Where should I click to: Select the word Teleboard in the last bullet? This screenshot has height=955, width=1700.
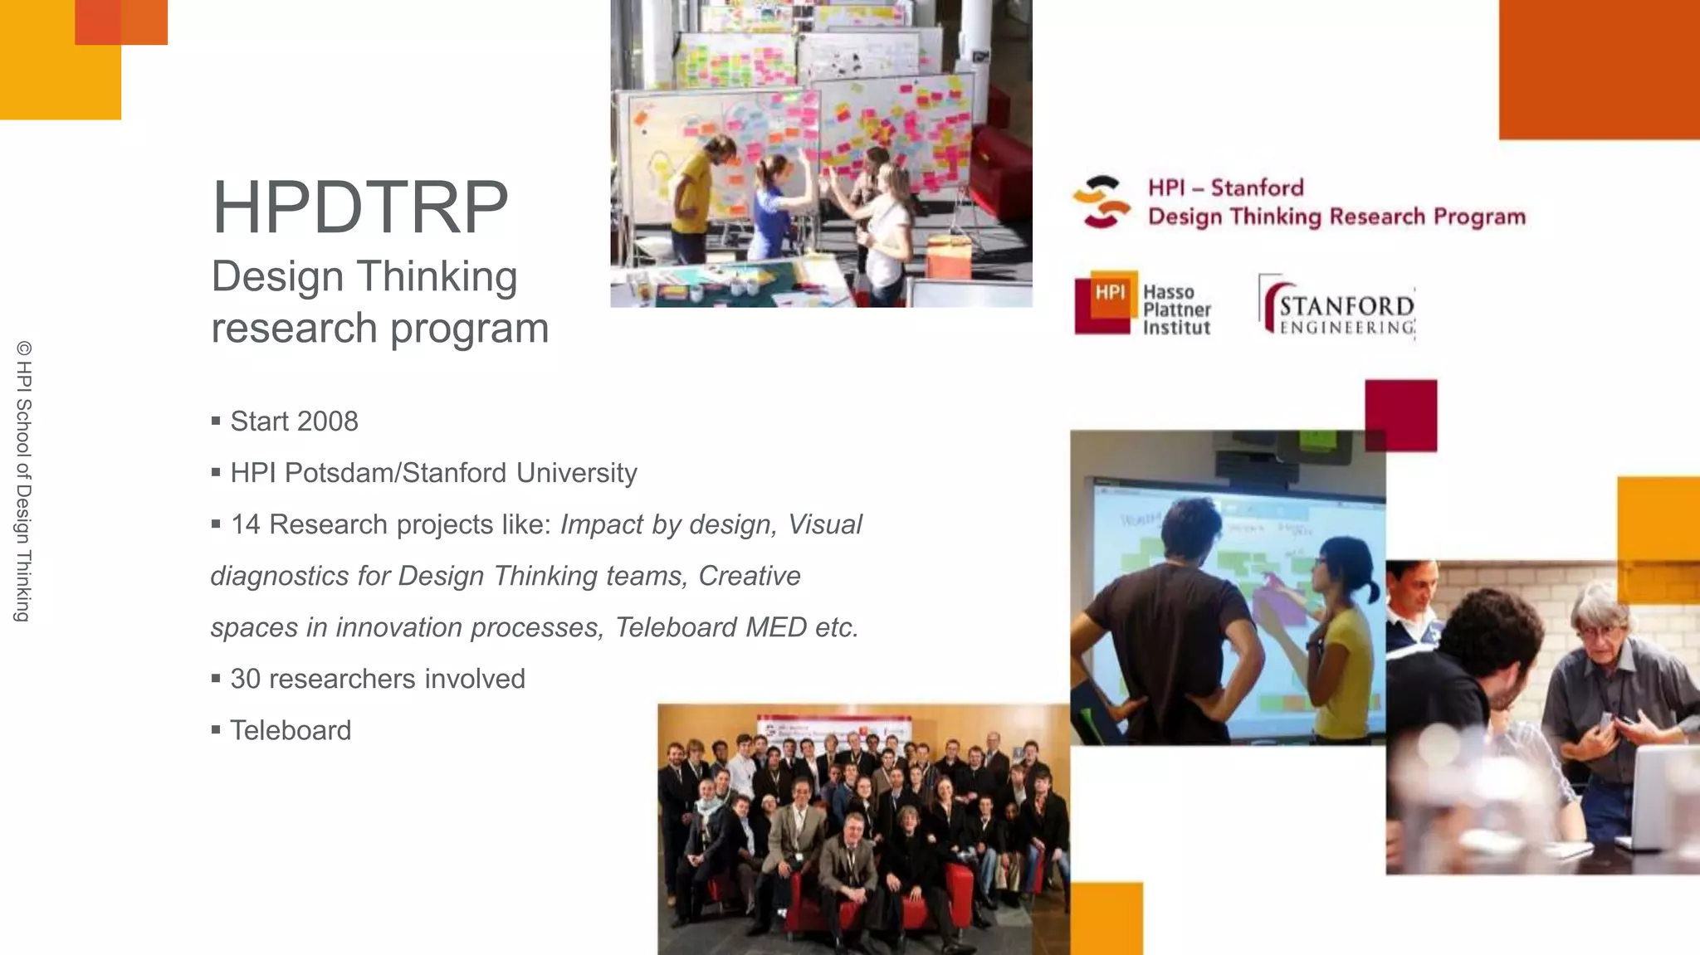coord(291,730)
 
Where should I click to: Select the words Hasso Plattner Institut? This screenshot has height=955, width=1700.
coord(1176,310)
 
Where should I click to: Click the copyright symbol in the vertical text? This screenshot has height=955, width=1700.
coord(23,348)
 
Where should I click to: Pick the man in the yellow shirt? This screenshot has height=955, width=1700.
coord(692,195)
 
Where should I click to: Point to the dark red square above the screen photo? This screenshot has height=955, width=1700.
coord(1401,415)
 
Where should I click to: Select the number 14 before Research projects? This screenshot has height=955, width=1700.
coord(246,524)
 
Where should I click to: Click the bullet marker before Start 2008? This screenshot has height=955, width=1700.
coord(216,421)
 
